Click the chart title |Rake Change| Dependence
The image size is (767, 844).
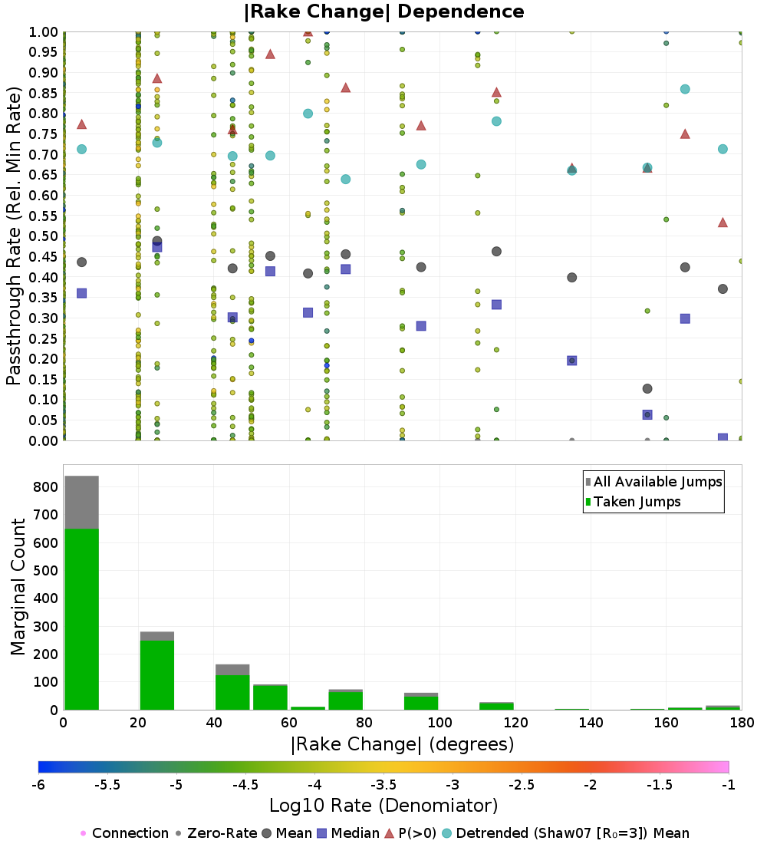[383, 12]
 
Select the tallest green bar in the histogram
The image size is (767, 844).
[81, 618]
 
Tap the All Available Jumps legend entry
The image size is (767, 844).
[657, 482]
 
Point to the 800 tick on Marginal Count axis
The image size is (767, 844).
[45, 487]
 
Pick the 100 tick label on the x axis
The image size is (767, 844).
[439, 723]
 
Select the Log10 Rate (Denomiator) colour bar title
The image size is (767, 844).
[383, 806]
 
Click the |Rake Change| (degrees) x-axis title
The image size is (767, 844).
[402, 744]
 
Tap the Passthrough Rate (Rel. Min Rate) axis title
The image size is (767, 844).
[14, 236]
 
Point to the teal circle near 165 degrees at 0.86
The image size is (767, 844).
[685, 89]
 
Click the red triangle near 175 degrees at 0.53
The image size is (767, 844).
[723, 223]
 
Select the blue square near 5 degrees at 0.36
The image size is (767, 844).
[81, 293]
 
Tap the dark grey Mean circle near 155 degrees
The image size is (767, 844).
[647, 389]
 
